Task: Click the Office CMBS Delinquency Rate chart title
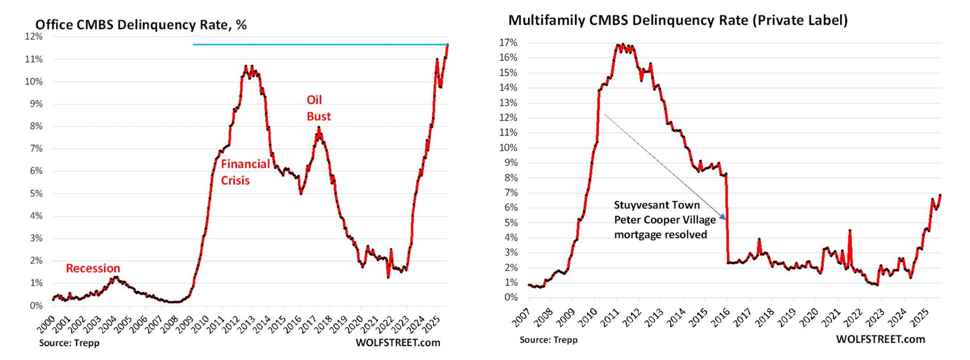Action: [141, 25]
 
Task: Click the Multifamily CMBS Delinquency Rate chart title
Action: [677, 20]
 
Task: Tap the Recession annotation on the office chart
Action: [93, 268]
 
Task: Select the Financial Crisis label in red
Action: [245, 172]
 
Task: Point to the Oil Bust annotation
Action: [318, 108]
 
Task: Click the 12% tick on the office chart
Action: [34, 37]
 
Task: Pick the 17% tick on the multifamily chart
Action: [508, 43]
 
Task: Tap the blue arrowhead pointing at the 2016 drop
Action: [722, 217]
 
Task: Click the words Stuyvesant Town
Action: [656, 205]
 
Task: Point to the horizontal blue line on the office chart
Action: [319, 44]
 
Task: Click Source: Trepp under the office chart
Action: [69, 343]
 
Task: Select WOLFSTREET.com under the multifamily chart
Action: [880, 339]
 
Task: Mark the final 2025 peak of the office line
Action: [447, 45]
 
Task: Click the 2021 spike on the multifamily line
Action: [850, 231]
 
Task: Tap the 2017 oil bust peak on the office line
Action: [319, 128]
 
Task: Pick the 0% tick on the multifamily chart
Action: [511, 297]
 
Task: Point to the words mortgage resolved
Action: [660, 234]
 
